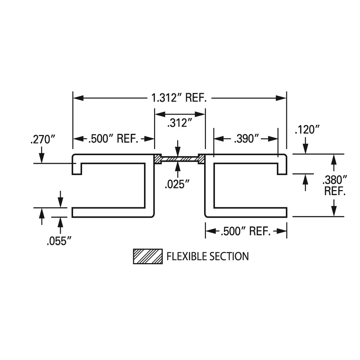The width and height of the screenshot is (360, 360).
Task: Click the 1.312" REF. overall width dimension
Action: (x=179, y=98)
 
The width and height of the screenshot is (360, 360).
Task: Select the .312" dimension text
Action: (x=180, y=123)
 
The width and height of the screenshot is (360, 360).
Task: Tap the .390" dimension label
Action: (x=246, y=139)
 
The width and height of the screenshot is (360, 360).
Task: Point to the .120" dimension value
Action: (x=307, y=130)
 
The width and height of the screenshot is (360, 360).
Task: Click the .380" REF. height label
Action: (x=335, y=185)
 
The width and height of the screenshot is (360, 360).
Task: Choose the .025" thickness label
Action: (x=177, y=185)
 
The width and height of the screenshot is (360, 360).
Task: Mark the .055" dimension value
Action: (x=57, y=241)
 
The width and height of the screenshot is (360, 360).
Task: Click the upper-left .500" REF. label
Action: (x=113, y=139)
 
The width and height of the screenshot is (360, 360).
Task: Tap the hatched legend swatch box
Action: (x=148, y=256)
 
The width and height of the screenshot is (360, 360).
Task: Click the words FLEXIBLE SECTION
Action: (x=207, y=256)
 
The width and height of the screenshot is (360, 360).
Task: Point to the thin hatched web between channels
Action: (x=180, y=159)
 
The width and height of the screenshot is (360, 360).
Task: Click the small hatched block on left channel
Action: (x=158, y=159)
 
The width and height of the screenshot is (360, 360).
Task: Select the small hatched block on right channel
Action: (x=201, y=159)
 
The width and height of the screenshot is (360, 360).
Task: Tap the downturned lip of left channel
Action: (x=77, y=169)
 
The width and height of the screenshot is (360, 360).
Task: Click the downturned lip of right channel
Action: (x=282, y=169)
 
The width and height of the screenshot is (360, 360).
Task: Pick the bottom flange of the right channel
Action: (x=248, y=212)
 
